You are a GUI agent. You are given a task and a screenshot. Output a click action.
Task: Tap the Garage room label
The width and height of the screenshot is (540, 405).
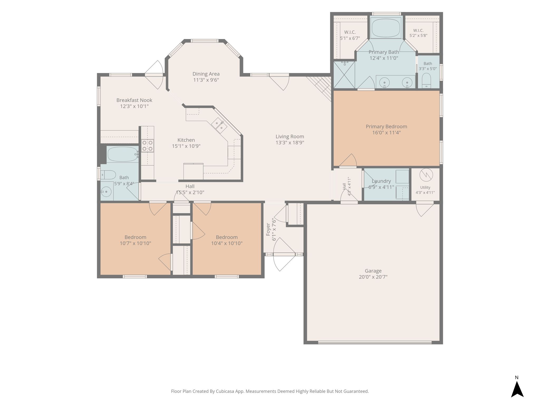point(373,271)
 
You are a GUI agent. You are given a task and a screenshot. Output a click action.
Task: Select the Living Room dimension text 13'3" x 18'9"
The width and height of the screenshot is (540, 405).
point(290,143)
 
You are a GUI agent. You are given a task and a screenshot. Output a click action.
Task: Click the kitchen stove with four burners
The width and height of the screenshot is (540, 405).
point(147,146)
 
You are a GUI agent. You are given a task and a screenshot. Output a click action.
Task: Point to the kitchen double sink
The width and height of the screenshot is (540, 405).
point(219,125)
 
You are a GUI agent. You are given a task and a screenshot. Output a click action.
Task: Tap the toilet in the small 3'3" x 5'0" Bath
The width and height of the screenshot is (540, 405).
point(426,80)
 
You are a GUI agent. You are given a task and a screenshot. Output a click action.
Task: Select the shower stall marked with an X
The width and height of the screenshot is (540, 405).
point(344,75)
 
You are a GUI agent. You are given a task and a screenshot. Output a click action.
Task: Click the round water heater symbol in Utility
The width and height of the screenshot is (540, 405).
point(426,175)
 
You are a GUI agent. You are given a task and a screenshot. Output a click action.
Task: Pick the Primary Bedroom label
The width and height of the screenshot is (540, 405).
point(386,127)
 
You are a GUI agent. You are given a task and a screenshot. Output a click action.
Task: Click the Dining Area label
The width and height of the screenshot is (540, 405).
point(206,74)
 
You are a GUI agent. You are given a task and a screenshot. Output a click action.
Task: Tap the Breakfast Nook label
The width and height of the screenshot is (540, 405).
point(134,100)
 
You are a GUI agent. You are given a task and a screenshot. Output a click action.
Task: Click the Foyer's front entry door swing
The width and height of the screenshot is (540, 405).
point(284,254)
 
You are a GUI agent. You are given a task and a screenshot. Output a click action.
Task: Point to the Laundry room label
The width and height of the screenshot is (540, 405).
point(381,181)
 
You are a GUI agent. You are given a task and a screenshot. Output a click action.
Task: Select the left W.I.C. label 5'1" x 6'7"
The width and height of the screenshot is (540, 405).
point(350,35)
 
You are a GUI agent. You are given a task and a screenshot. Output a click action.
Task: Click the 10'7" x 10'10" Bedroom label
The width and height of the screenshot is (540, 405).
point(136,240)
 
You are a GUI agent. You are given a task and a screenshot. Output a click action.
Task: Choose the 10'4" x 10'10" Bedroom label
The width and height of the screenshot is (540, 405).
point(227,240)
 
